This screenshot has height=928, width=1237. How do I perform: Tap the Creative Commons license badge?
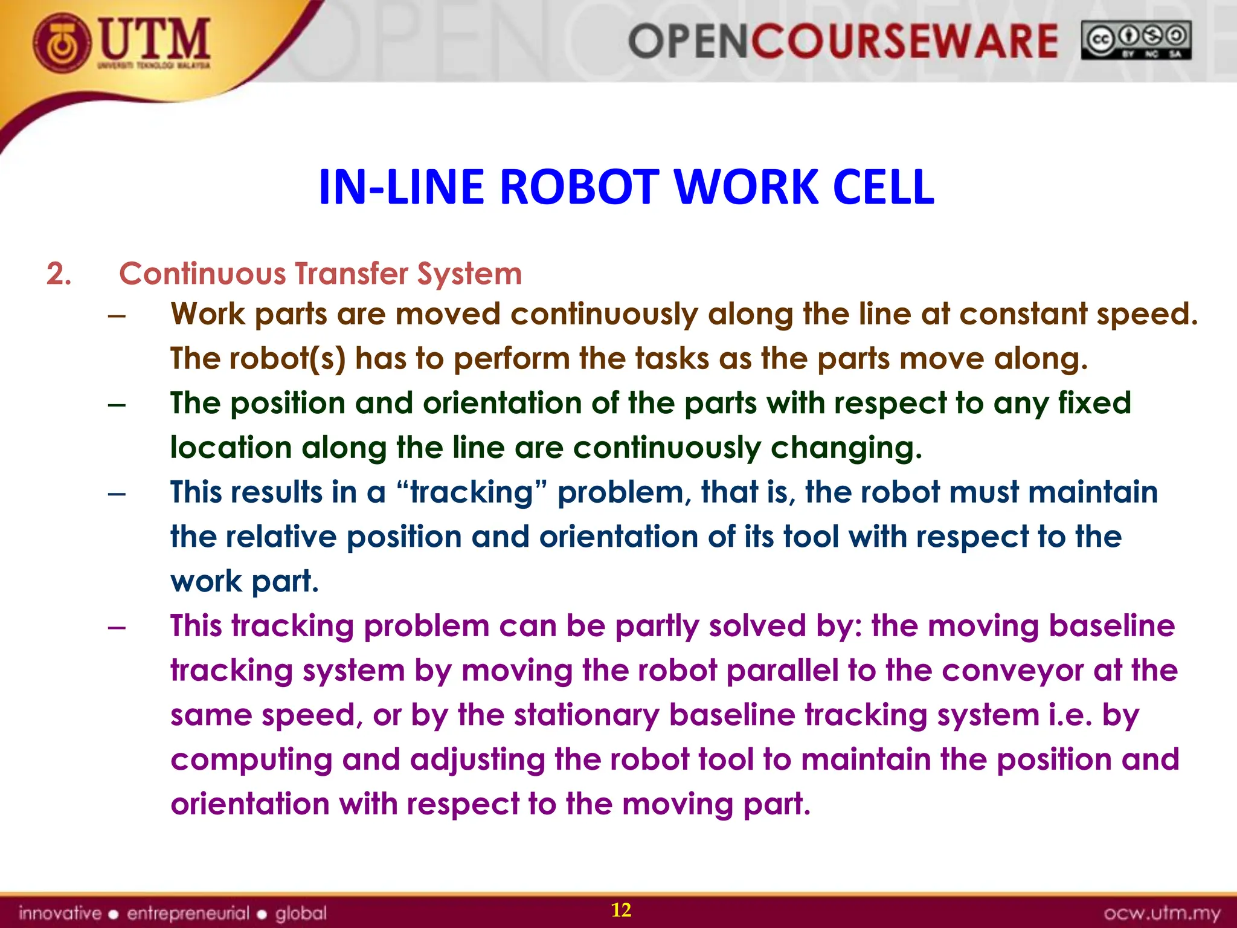[x=1136, y=40]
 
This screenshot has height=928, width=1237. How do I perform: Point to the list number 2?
[x=59, y=274]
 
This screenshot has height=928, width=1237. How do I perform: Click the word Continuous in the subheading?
[x=202, y=274]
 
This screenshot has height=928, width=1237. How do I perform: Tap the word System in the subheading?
[x=469, y=274]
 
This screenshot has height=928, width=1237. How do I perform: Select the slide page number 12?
[x=621, y=910]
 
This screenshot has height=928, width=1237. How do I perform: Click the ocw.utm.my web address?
[x=1161, y=913]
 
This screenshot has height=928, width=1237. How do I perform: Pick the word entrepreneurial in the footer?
[x=188, y=913]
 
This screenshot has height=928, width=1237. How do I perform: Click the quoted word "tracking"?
[x=473, y=492]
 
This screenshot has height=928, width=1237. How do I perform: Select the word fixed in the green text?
[x=1094, y=403]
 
